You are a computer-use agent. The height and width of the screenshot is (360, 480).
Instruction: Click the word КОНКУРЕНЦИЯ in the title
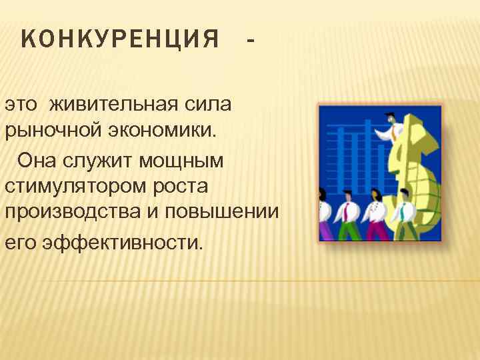tap(120, 41)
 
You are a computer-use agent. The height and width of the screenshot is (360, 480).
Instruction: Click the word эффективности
tap(120, 241)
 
